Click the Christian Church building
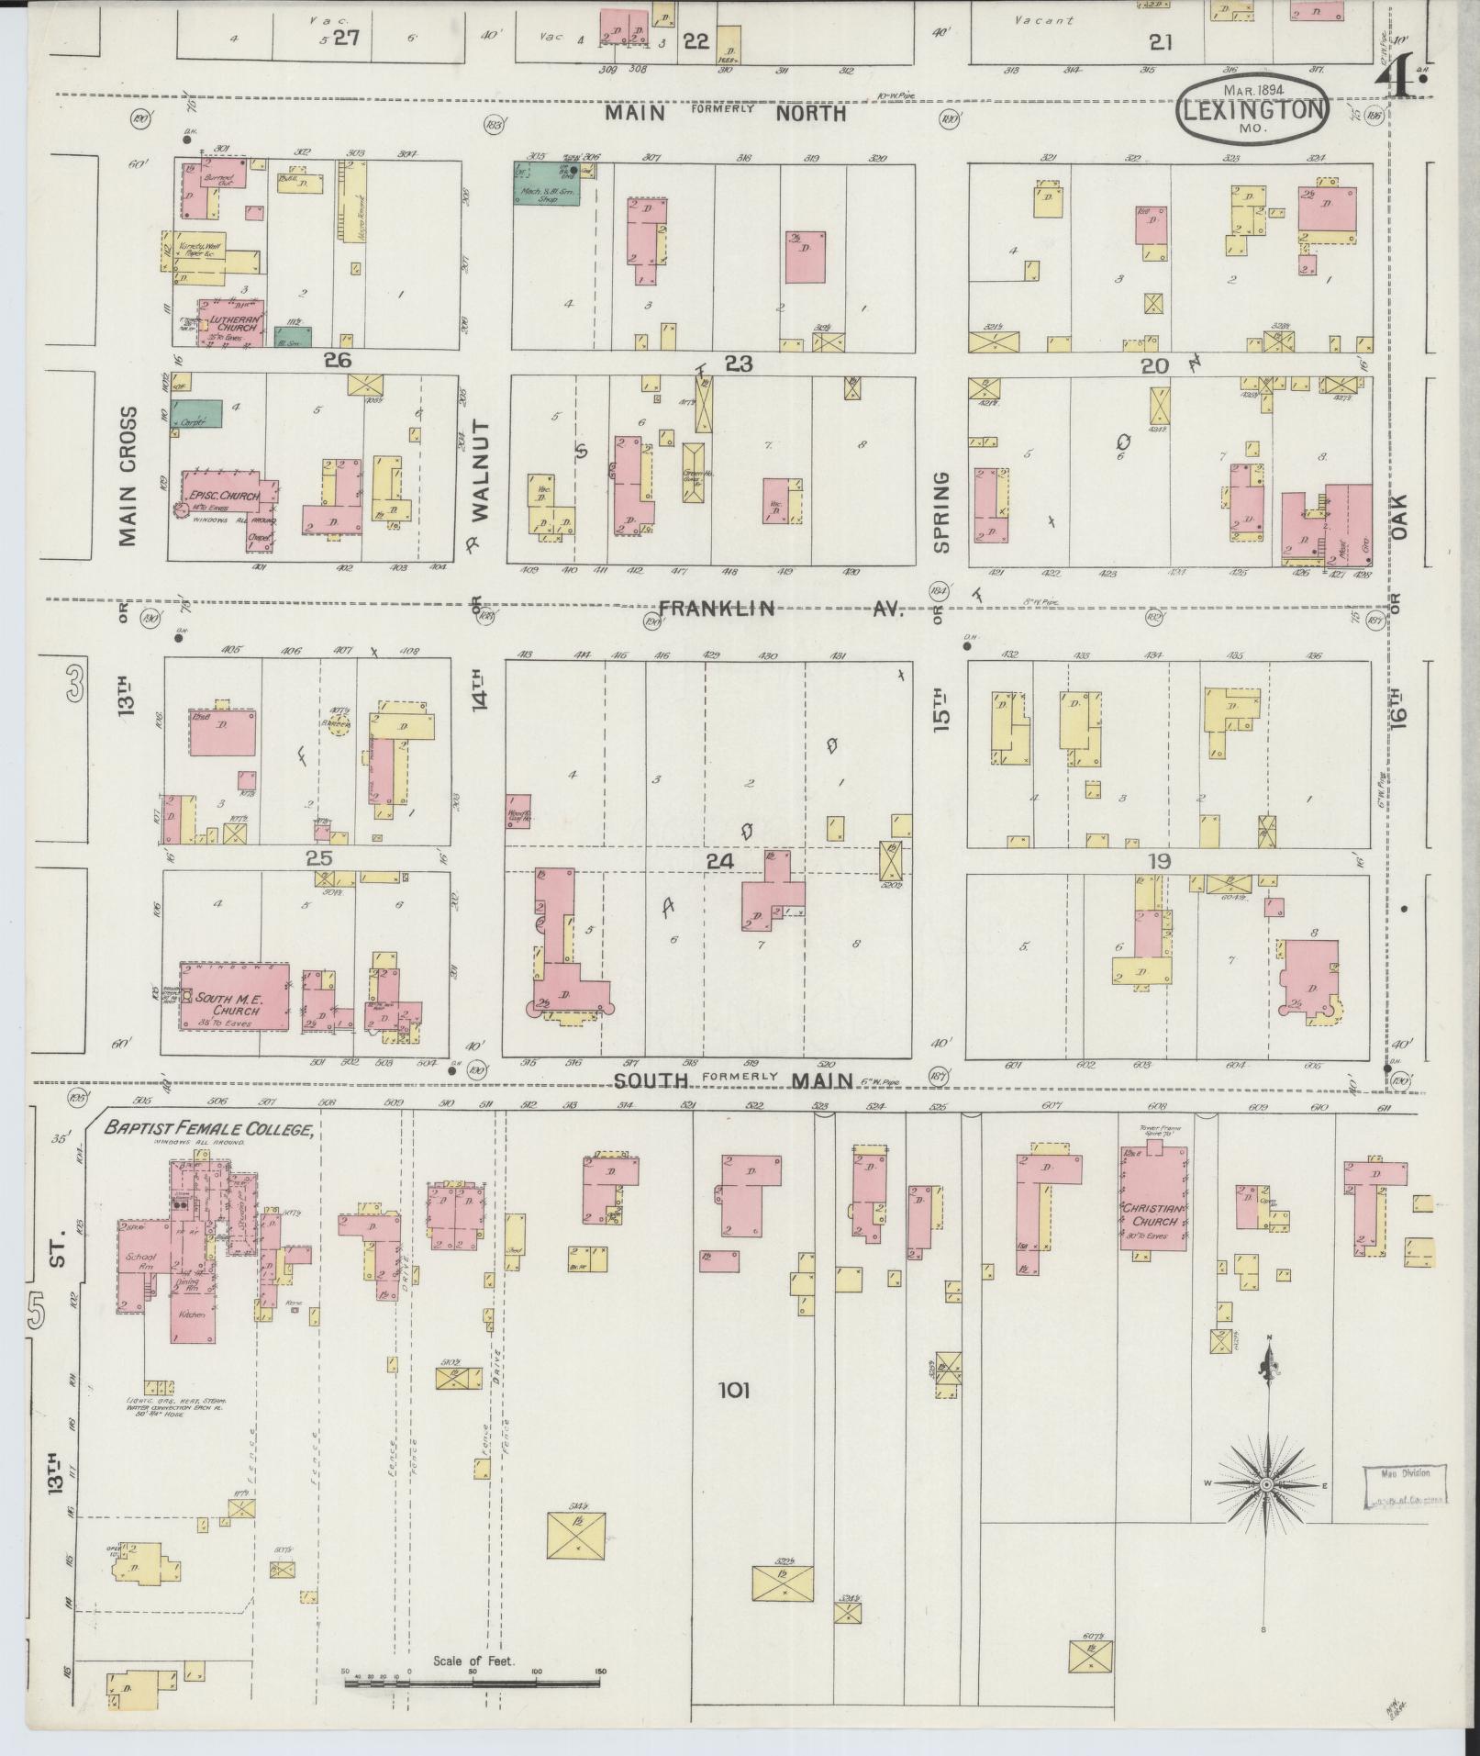[1153, 1198]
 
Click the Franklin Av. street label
[781, 609]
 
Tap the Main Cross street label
[127, 475]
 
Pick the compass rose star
[1268, 1483]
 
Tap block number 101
[734, 1415]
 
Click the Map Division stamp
[1404, 1488]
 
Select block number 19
[1157, 861]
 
